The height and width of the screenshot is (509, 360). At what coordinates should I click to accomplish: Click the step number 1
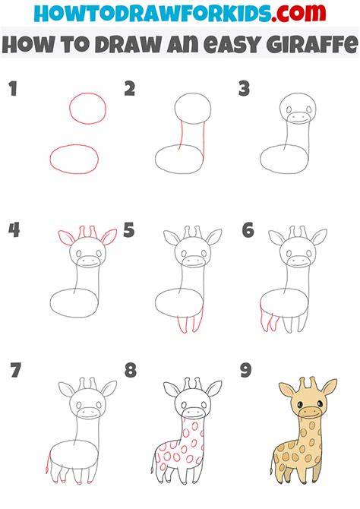[13, 89]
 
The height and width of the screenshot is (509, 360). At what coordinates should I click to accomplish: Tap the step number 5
[129, 230]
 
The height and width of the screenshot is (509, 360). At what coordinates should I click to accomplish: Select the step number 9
[246, 370]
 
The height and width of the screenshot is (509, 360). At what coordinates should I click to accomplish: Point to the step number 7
[16, 370]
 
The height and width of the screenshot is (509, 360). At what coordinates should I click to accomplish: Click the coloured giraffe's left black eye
[300, 404]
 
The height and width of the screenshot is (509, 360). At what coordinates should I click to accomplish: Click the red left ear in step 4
[67, 237]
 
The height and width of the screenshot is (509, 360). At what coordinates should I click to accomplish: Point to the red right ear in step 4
[109, 236]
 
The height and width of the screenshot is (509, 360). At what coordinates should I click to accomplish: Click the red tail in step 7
[49, 461]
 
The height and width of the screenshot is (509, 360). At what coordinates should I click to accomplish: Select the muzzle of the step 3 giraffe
[298, 119]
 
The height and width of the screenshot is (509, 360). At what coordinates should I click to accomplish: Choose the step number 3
[244, 89]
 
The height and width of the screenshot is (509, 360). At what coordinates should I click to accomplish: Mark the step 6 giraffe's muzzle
[298, 261]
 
